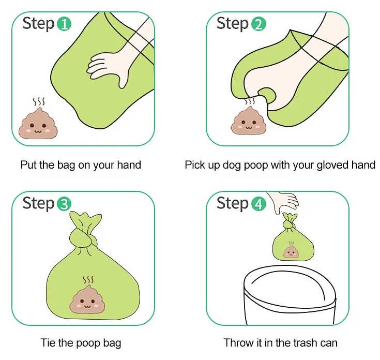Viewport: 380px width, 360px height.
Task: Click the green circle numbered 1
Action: pyautogui.click(x=64, y=24)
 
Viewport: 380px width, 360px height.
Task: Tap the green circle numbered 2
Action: pyautogui.click(x=259, y=24)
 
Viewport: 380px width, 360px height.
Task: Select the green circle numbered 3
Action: pyautogui.click(x=64, y=204)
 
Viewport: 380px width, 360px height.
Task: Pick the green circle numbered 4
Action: pyautogui.click(x=259, y=204)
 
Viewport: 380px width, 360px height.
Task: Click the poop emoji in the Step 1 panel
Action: pyautogui.click(x=38, y=124)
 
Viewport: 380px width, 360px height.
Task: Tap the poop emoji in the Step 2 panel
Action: pyautogui.click(x=248, y=121)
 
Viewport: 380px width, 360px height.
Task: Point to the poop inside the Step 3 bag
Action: pyautogui.click(x=87, y=299)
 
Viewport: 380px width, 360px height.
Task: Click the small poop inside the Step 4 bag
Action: pyautogui.click(x=291, y=251)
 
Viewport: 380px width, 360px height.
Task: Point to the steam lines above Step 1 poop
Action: pyautogui.click(x=39, y=102)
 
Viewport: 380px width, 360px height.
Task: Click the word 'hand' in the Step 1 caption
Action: pyautogui.click(x=129, y=165)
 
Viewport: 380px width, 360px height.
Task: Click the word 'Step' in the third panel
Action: pyautogui.click(x=38, y=204)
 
